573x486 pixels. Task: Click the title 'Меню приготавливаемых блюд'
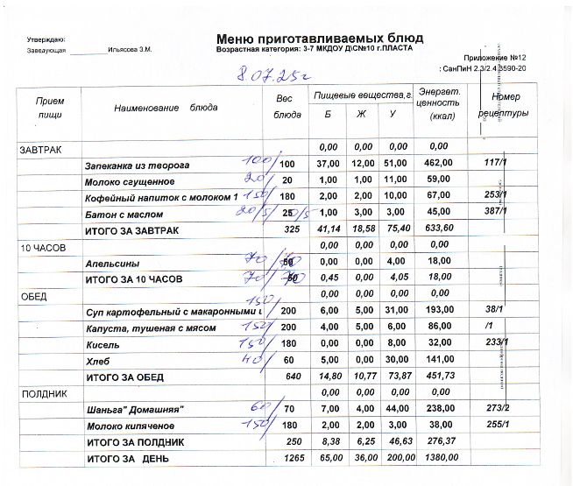coord(319,39)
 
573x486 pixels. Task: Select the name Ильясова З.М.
coord(131,50)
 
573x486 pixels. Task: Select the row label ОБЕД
coord(33,296)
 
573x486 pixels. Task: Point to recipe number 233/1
coord(496,344)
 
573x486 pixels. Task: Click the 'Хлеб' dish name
coord(96,361)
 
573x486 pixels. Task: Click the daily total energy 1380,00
coord(439,459)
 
